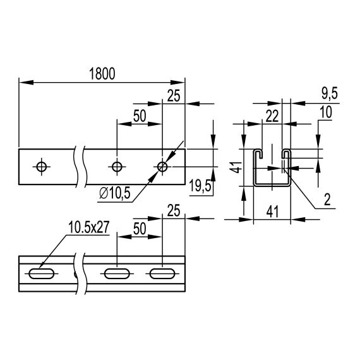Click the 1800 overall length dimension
click(x=102, y=73)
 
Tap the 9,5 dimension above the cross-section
click(x=329, y=93)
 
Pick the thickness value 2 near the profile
click(x=327, y=201)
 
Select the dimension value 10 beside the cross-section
click(x=325, y=112)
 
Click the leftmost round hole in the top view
click(x=42, y=167)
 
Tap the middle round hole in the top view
click(x=116, y=167)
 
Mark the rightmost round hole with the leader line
click(x=162, y=167)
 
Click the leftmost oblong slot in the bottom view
click(x=42, y=274)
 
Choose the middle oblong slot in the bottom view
click(x=116, y=274)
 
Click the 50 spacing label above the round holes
click(x=140, y=116)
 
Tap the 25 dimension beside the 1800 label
click(x=174, y=96)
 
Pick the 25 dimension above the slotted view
click(x=174, y=209)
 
